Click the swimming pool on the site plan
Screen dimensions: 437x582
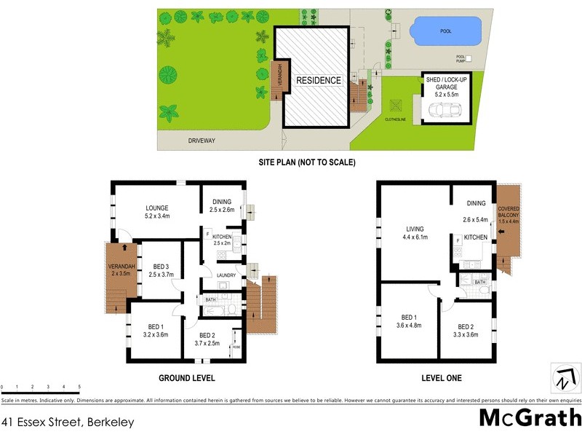coord(445,31)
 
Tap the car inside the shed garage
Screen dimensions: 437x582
coord(444,110)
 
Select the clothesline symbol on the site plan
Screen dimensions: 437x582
coord(398,106)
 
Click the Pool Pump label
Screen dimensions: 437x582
coord(461,58)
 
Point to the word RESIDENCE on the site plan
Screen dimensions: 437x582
coord(318,80)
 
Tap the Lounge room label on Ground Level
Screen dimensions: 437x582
coord(158,210)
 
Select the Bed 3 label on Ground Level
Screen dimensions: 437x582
coord(162,270)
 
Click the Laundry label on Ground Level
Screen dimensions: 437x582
coord(226,275)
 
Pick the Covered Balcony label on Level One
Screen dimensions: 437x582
coord(509,215)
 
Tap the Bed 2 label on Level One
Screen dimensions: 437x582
coord(466,331)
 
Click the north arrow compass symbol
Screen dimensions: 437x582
coord(566,379)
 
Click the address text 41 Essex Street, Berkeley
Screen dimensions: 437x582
coord(68,421)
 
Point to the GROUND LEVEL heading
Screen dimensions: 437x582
coord(186,379)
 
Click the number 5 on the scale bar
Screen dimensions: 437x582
coord(79,387)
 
